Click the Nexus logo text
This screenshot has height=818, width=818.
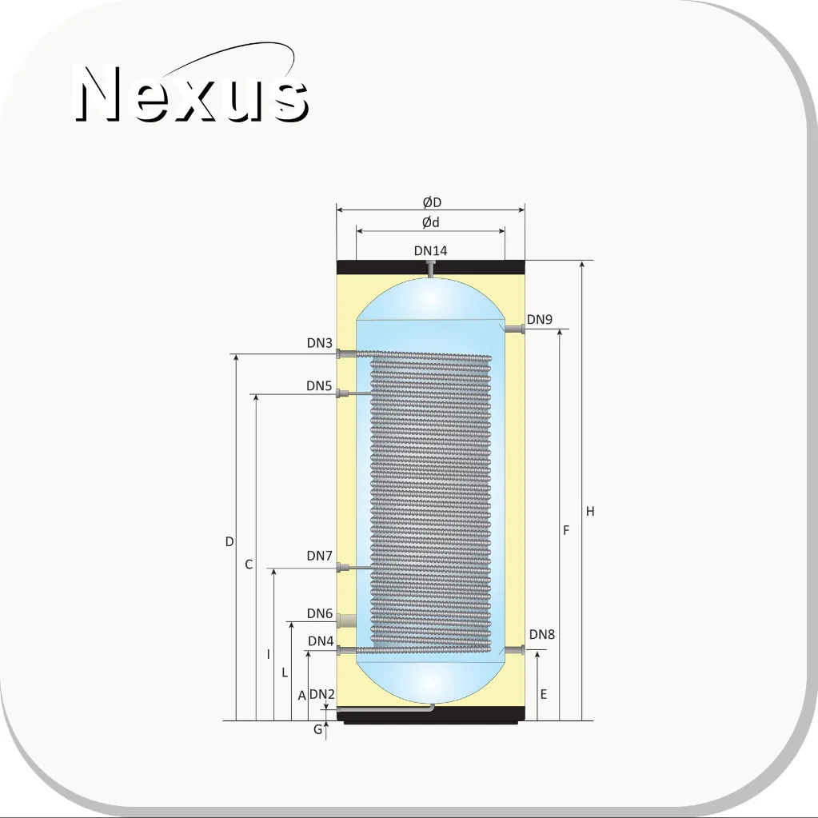(192, 94)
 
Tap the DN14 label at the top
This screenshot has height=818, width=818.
(430, 251)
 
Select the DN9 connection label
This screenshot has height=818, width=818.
(540, 319)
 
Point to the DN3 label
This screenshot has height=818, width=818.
(319, 343)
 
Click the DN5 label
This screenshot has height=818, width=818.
(319, 385)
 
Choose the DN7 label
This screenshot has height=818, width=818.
(319, 556)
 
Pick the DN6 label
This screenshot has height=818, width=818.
(319, 613)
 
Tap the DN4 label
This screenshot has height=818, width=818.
(321, 640)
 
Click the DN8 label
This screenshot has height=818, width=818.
(542, 634)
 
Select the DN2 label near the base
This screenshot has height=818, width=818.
(322, 694)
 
